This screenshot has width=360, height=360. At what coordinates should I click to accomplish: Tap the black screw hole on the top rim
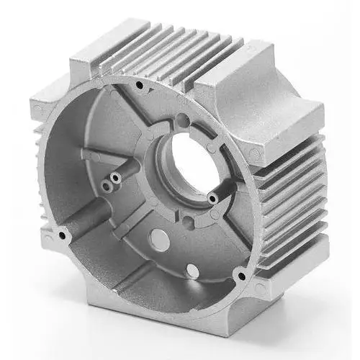pyautogui.click(x=138, y=85)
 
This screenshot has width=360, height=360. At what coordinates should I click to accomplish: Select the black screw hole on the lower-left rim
pyautogui.click(x=63, y=235)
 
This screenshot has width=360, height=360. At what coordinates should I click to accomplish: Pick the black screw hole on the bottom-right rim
pyautogui.click(x=241, y=274)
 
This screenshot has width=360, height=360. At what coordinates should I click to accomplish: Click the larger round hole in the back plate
pyautogui.click(x=160, y=243)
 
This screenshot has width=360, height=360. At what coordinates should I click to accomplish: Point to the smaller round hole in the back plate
pyautogui.click(x=192, y=270)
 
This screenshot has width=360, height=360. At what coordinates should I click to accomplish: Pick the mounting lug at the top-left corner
pyautogui.click(x=90, y=54)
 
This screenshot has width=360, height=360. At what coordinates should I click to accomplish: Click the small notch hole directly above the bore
pyautogui.click(x=182, y=120)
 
